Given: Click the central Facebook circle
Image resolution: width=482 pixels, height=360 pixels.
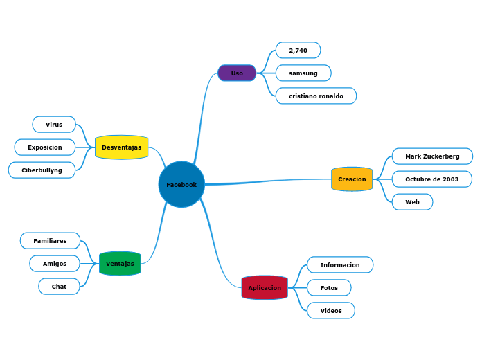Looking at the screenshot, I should coord(181,185).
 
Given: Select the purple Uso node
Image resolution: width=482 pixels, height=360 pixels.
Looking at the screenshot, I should coord(237,73).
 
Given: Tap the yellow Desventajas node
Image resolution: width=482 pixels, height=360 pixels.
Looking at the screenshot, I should coord(121,147).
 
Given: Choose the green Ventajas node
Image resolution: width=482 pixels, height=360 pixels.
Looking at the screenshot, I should coord(120,264).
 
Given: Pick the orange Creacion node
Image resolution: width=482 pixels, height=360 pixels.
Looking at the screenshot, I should coord(352,179).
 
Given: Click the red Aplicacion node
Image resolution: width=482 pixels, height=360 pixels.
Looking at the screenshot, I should coord(265,287).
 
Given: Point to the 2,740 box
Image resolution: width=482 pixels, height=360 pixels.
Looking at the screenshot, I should coord(298,51).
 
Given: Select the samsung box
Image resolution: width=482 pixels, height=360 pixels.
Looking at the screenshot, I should coord(303,73).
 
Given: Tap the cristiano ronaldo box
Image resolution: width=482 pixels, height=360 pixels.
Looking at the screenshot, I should coord(316,96).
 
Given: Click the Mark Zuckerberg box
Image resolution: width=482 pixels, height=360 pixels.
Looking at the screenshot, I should coord(432,156).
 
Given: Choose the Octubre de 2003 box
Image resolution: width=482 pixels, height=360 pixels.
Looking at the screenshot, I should coord(431,179).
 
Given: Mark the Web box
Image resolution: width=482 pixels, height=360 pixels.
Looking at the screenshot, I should coord(412,202).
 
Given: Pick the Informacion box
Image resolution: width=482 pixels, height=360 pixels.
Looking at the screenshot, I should coord(340,265).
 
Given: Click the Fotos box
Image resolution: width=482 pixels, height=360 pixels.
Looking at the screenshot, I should coord(329,287).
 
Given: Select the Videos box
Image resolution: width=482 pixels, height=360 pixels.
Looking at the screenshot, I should coord(331,310).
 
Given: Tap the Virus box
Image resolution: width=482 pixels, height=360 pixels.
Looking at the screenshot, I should coord(54,125).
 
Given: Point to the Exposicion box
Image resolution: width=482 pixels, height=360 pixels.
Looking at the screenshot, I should coord(45,147).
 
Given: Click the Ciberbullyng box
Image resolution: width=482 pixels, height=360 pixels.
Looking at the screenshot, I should coord(42,170).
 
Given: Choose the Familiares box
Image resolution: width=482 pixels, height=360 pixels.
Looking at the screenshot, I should coord(51,241).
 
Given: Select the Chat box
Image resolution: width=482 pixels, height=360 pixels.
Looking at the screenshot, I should coord(59,287).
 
